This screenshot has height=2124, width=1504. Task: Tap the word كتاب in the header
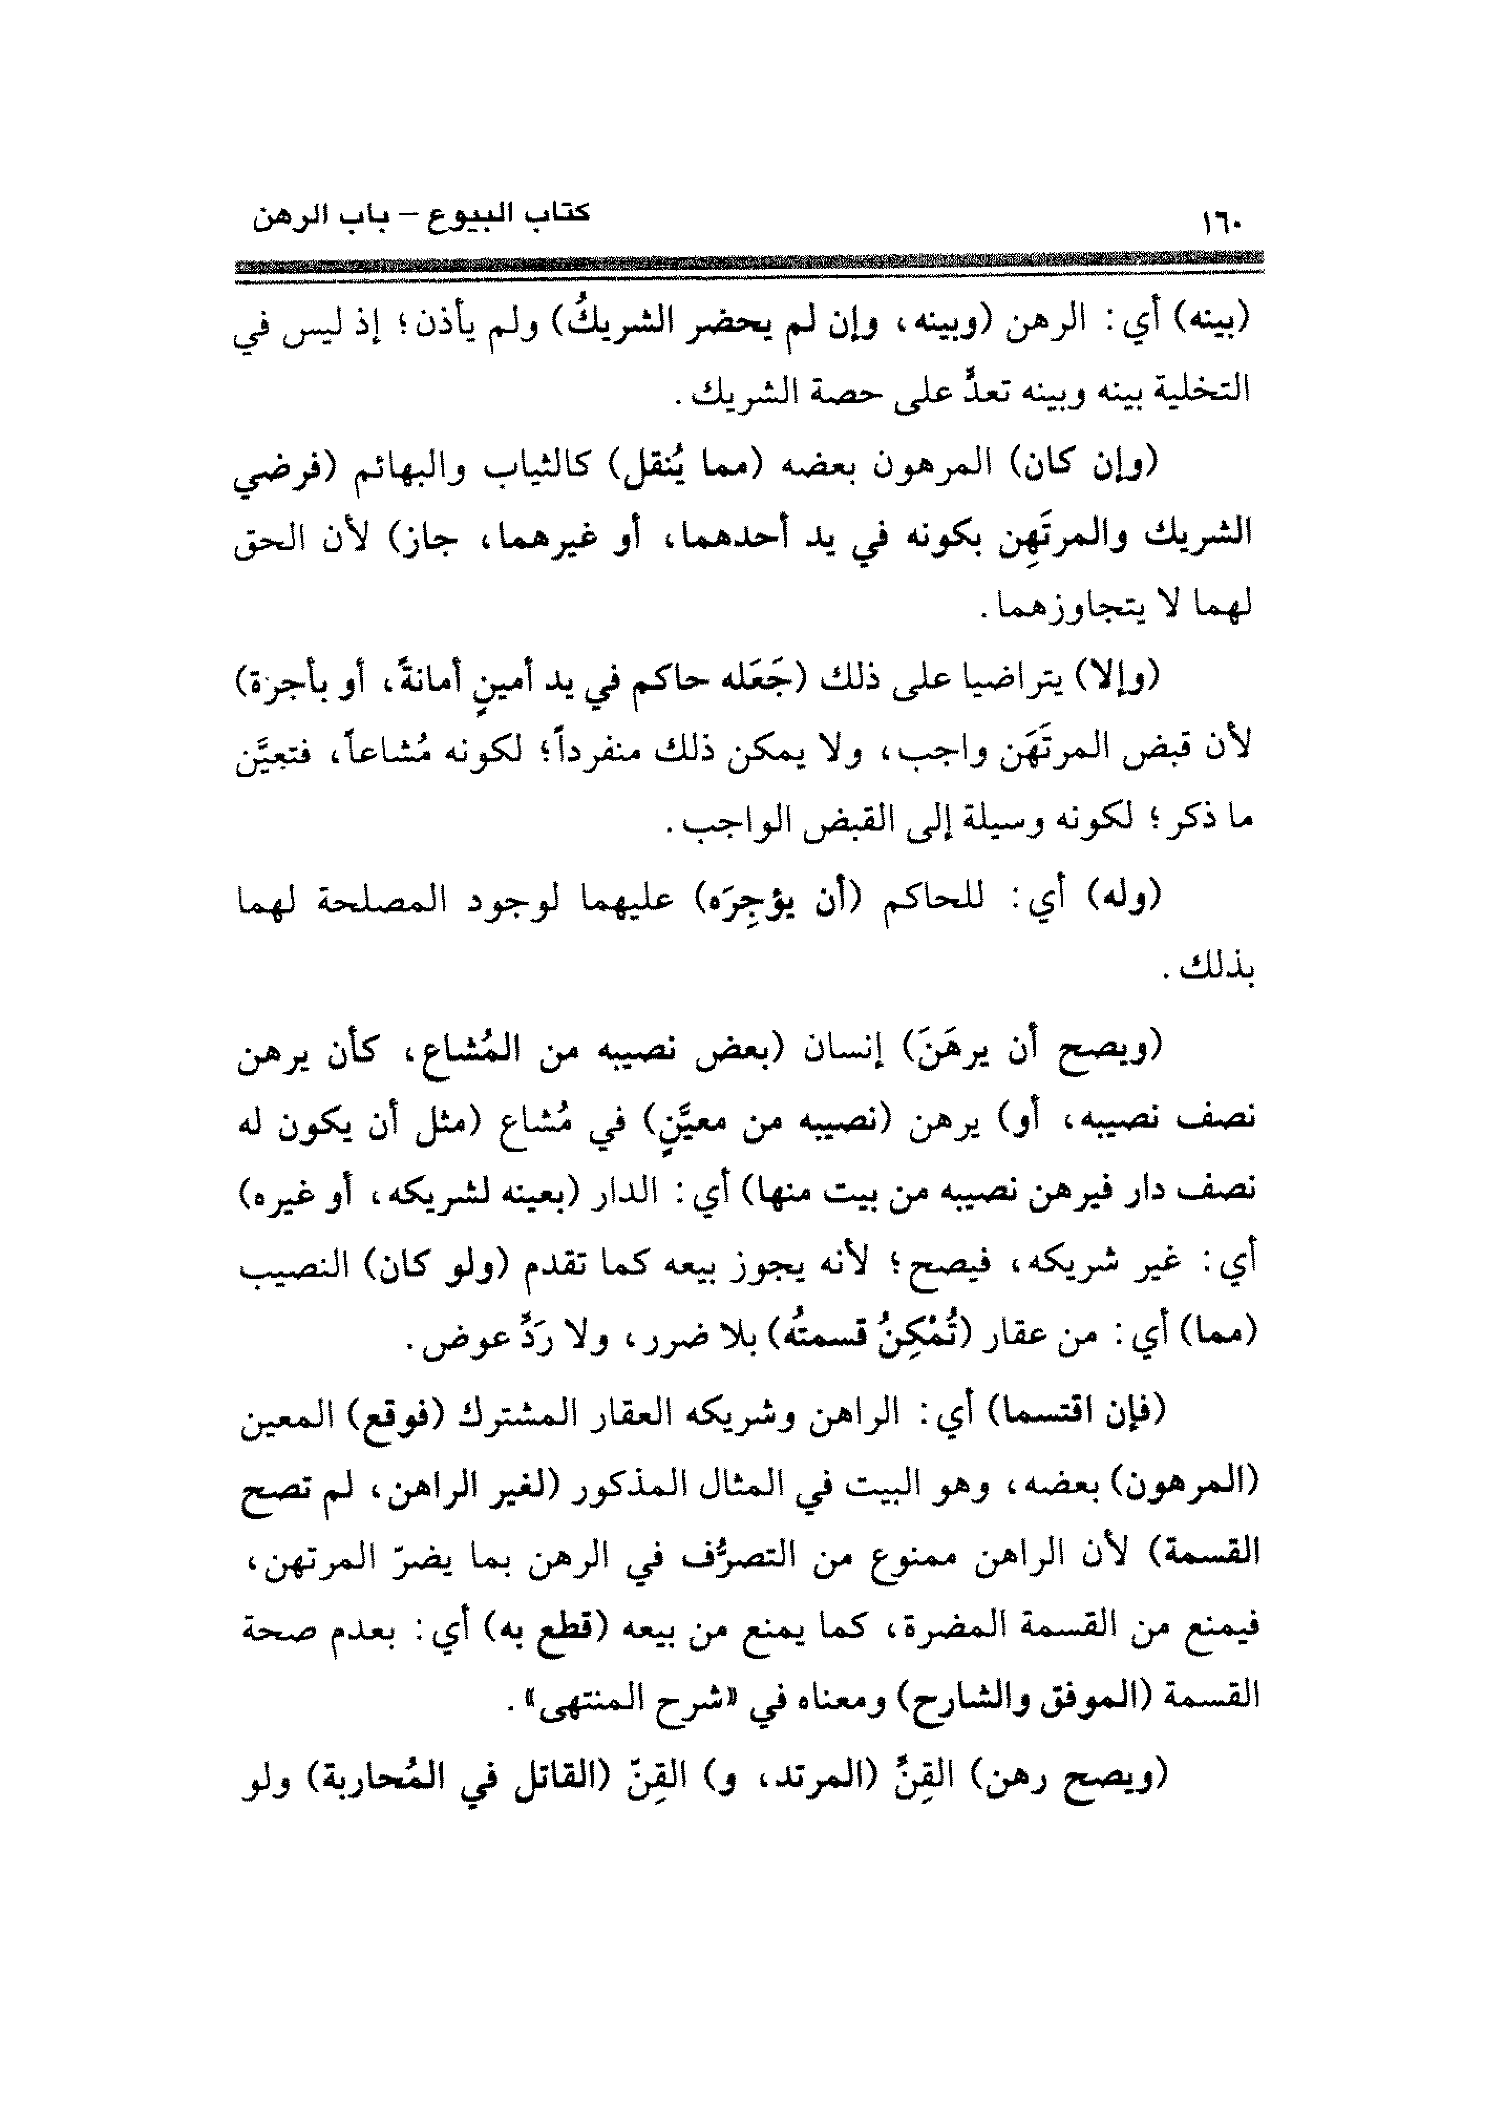(557, 215)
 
